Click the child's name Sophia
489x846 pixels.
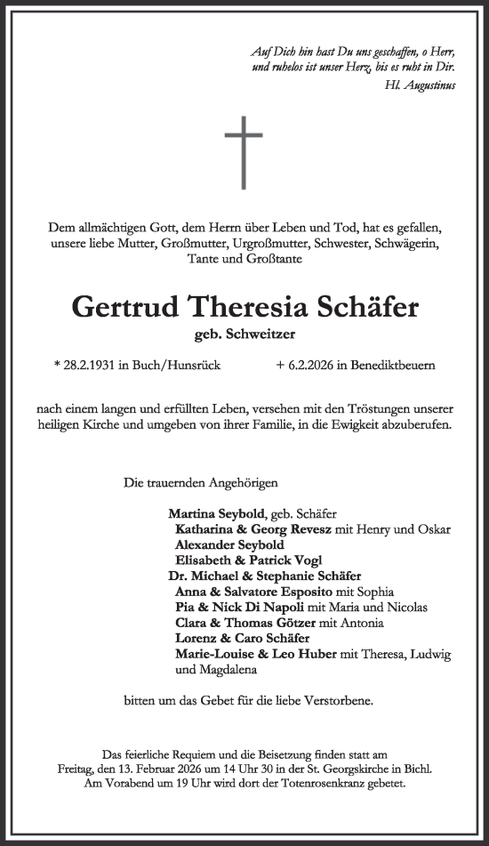pyautogui.click(x=375, y=592)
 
